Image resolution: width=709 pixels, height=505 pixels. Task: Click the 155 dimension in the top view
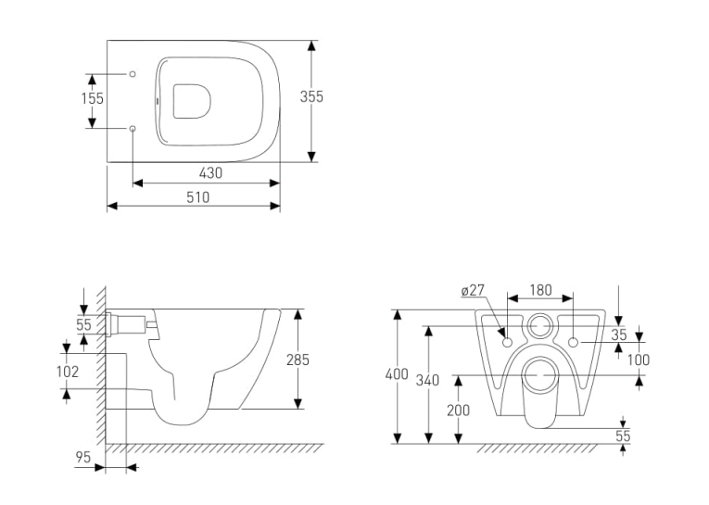[93, 98]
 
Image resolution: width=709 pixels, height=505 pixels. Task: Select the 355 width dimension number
[311, 96]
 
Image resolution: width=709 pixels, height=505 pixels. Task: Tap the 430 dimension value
[210, 172]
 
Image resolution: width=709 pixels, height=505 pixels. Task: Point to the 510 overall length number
[198, 197]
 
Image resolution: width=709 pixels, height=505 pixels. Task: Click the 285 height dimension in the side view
[298, 360]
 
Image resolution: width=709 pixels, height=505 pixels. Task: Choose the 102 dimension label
[68, 372]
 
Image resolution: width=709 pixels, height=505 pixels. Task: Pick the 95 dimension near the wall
[83, 457]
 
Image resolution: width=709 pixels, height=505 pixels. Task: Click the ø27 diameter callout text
[473, 290]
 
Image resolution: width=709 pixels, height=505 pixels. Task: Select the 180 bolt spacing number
[541, 290]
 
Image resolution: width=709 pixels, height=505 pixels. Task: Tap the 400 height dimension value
[397, 374]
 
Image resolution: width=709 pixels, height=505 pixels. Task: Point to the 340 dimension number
[428, 380]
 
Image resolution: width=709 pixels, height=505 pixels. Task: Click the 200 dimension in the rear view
[459, 410]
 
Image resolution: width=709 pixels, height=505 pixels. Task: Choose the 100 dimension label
[639, 360]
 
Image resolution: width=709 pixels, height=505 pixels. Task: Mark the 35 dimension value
[619, 335]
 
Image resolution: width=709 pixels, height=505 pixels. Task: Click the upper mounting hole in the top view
[133, 74]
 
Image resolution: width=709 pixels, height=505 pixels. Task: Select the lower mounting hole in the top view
[133, 129]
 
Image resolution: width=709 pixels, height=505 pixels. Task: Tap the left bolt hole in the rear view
[507, 342]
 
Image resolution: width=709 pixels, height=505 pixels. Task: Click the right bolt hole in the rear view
[574, 342]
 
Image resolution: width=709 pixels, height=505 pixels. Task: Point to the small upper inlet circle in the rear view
[539, 315]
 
